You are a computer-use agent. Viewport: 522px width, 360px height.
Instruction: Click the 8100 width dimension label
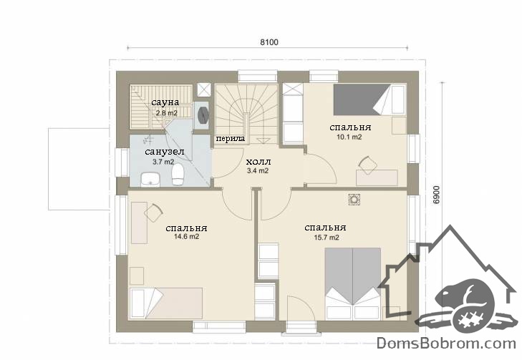click(x=269, y=42)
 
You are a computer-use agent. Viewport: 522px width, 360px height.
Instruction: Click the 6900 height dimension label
click(x=437, y=195)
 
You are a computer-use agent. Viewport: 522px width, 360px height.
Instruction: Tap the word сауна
click(x=165, y=102)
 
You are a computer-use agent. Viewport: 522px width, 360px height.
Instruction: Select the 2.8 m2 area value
click(x=166, y=113)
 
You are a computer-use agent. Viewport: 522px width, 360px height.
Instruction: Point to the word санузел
click(x=165, y=152)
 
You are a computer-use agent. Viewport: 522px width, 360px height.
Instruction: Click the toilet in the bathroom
click(x=178, y=175)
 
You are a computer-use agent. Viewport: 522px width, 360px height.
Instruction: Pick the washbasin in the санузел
click(x=150, y=180)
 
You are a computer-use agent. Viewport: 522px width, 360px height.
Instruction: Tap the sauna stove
click(x=203, y=115)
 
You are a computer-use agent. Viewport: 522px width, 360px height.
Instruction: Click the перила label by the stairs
click(x=231, y=138)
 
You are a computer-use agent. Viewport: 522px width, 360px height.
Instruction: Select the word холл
click(x=258, y=162)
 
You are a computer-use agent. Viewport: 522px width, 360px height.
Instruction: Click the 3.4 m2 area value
click(x=257, y=171)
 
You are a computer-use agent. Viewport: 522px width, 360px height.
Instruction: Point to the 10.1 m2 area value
click(x=349, y=137)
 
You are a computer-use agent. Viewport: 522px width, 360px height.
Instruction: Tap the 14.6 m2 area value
click(x=186, y=237)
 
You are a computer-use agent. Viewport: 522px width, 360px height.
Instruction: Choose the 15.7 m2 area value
click(x=327, y=238)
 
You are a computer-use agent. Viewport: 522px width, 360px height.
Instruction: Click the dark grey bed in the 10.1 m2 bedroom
click(x=369, y=99)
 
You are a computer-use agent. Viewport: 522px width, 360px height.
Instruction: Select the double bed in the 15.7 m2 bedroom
click(x=353, y=283)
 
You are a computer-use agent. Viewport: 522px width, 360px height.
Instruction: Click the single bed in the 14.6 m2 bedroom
click(x=166, y=303)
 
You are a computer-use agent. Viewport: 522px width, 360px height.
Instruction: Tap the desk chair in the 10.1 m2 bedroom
click(x=367, y=165)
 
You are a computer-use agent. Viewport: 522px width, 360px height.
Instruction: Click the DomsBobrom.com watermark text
click(x=446, y=343)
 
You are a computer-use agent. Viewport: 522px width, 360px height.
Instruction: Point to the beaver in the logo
click(x=466, y=303)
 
